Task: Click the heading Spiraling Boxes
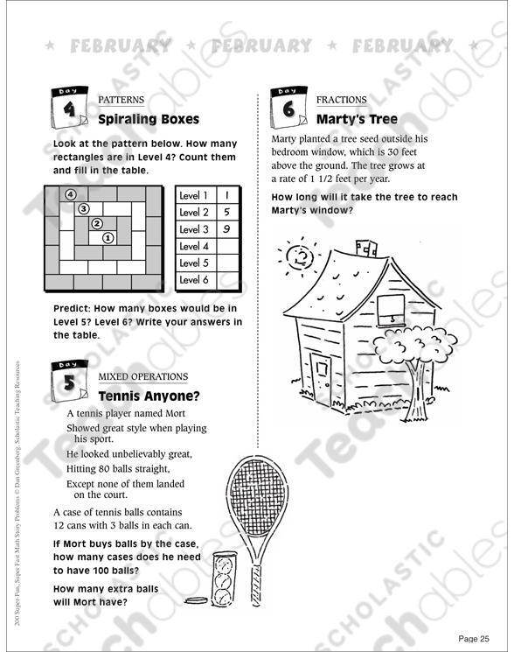tap(149, 119)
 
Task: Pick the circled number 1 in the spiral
tap(108, 236)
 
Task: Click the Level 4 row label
tap(194, 246)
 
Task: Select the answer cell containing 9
tap(226, 229)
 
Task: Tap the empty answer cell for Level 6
tap(226, 280)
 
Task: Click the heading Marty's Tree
tap(357, 119)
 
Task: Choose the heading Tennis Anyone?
tap(149, 396)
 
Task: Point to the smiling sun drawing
tap(302, 256)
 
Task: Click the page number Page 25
tap(474, 637)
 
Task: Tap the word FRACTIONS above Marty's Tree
tap(342, 100)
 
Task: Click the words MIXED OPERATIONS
tap(142, 376)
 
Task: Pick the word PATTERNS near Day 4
tap(121, 100)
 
